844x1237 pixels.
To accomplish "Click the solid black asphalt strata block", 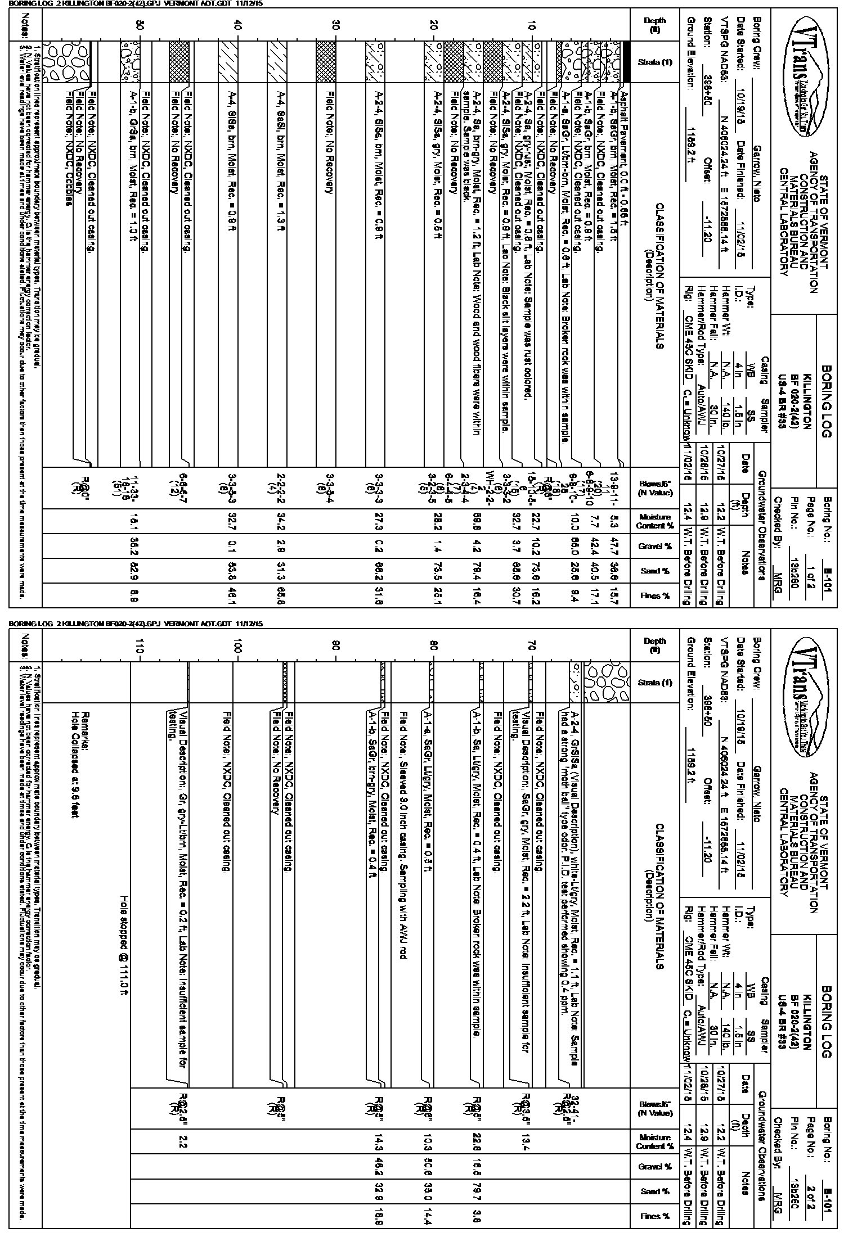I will coord(624,62).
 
